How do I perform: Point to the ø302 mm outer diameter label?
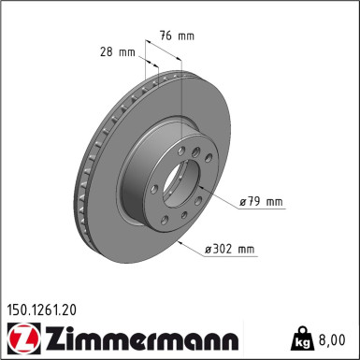click(229, 250)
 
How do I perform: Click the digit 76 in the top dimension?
click(165, 36)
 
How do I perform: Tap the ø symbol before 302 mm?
click(209, 250)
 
